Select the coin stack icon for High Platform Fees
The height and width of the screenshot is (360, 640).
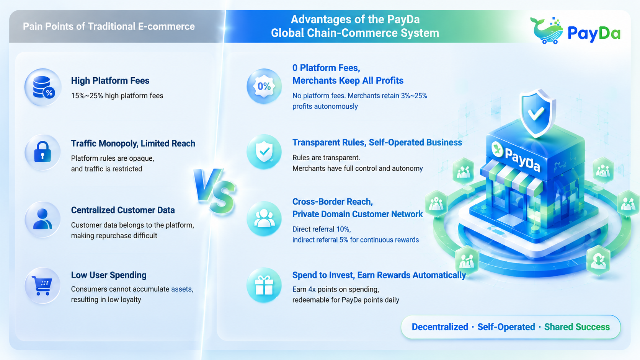pyautogui.click(x=44, y=87)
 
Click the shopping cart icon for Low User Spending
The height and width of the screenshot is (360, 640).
pyautogui.click(x=42, y=285)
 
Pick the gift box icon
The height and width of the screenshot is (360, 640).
pyautogui.click(x=264, y=285)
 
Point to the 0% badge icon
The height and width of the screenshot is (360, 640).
pyautogui.click(x=264, y=86)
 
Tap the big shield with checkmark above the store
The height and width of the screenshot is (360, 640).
pyautogui.click(x=537, y=113)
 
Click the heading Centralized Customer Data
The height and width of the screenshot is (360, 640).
pyautogui.click(x=123, y=210)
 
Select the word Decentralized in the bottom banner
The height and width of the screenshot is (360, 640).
pyautogui.click(x=440, y=327)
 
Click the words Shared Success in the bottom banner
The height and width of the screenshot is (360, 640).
pyautogui.click(x=577, y=327)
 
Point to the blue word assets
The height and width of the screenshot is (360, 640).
pyautogui.click(x=182, y=289)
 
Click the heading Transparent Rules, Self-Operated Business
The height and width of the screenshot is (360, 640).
pyautogui.click(x=377, y=142)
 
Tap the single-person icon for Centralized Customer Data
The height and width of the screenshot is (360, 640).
pyautogui.click(x=42, y=219)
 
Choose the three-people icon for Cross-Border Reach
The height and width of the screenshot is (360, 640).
pyautogui.click(x=264, y=219)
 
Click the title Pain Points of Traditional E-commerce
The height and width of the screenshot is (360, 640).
pyautogui.click(x=109, y=26)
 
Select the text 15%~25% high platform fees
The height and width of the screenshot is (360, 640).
pyautogui.click(x=117, y=96)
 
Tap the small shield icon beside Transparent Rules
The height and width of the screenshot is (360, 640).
pyautogui.click(x=264, y=151)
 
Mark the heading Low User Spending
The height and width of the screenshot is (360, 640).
pyautogui.click(x=109, y=275)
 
